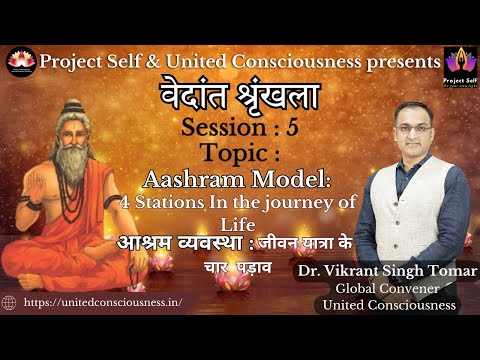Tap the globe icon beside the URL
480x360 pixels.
point(10,301)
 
